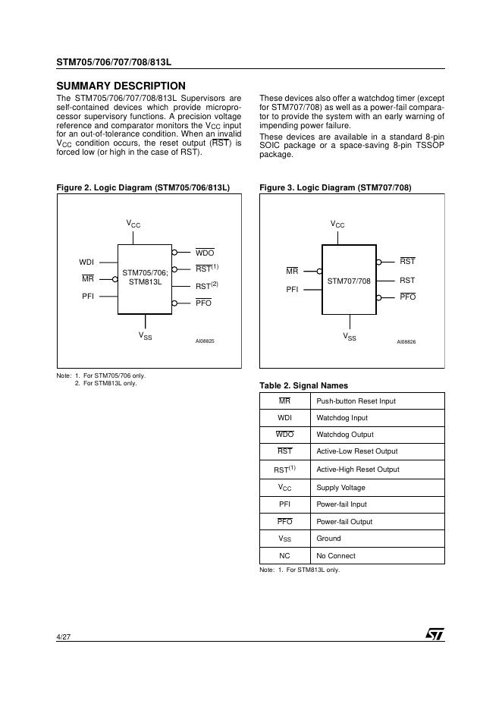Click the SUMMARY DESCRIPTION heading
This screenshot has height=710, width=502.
[121, 86]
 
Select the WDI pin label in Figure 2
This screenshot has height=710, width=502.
[86, 262]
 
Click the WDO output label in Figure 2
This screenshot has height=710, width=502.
[204, 253]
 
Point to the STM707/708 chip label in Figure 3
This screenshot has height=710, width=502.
[349, 281]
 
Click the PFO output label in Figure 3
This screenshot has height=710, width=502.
[407, 297]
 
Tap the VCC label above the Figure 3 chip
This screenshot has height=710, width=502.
[337, 225]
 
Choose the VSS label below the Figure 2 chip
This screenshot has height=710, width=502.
[145, 336]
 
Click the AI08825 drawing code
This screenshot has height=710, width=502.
[205, 341]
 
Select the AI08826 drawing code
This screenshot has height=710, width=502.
[406, 342]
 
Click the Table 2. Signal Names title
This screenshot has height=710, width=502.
[303, 385]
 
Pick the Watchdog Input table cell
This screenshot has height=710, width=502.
[342, 418]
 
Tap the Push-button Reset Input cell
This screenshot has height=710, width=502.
[356, 401]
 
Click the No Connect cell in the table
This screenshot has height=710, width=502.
[336, 556]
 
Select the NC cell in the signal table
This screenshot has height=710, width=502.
[284, 556]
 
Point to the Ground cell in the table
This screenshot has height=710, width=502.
[328, 539]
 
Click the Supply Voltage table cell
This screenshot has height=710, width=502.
[340, 487]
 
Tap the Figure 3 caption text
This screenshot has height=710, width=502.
[335, 187]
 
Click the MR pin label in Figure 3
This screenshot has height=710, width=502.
[292, 272]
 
